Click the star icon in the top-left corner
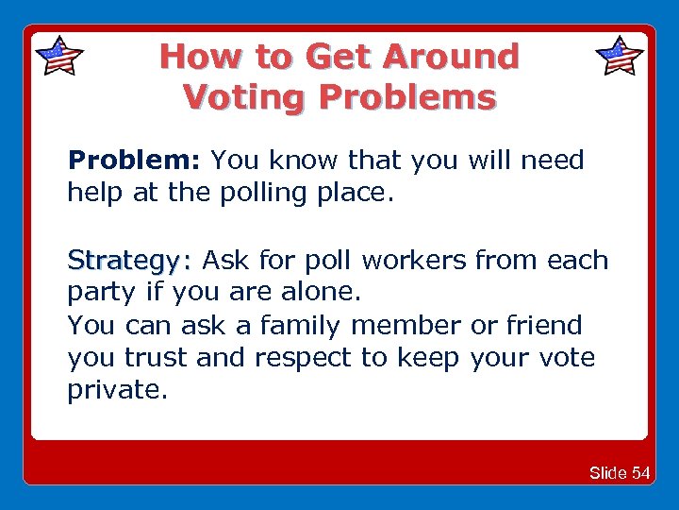point(58,56)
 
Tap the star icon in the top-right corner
point(620,56)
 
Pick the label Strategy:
point(129,260)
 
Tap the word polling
point(267,195)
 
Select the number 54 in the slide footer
point(640,472)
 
